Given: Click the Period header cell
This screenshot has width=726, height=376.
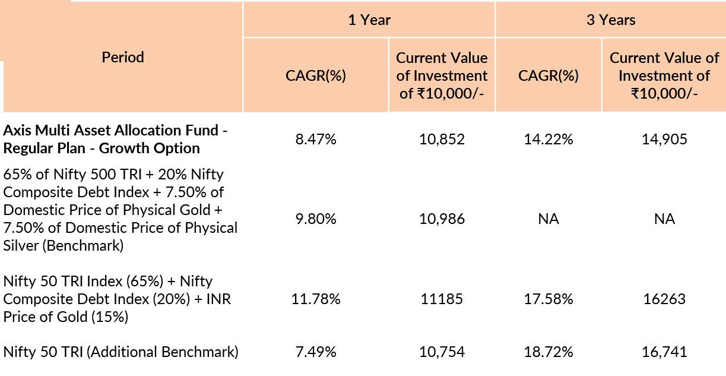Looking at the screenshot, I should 123,58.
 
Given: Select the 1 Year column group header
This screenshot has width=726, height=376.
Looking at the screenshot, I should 369,20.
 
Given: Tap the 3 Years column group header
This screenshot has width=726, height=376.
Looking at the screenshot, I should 610,20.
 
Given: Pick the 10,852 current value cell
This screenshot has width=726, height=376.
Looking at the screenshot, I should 442,140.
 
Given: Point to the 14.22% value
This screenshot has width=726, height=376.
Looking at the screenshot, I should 548,140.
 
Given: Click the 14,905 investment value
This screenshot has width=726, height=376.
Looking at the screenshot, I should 664,140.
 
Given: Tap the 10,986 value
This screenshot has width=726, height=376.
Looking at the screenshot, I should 442,219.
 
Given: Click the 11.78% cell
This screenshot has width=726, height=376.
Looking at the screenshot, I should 316,299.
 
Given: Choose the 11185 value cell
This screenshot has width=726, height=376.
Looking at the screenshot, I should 442,299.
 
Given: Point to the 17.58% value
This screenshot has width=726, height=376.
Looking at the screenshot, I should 548,299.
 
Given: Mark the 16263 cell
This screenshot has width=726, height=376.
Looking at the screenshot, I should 664,299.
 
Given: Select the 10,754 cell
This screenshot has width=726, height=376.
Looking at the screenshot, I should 442,352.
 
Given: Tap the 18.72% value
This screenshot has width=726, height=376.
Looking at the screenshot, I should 548,352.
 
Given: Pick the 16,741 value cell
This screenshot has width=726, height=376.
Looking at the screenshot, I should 664,352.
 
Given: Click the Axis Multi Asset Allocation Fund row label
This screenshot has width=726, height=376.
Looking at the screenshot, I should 116,139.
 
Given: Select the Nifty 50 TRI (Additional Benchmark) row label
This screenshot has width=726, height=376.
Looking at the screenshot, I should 121,352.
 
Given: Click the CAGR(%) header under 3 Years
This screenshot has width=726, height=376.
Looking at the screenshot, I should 548,75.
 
